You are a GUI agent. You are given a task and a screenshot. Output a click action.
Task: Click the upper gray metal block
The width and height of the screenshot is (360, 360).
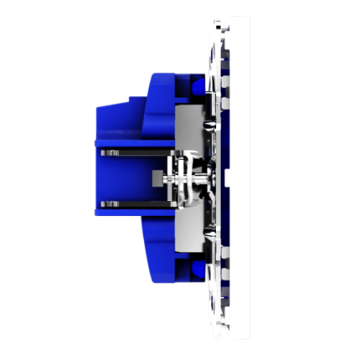(x=186, y=128)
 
